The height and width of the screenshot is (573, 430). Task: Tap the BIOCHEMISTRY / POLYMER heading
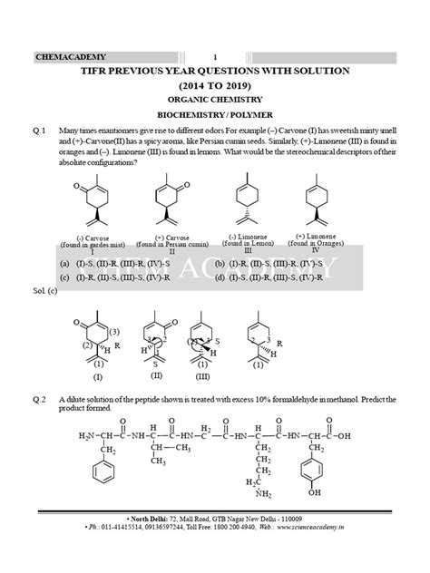(x=216, y=116)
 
